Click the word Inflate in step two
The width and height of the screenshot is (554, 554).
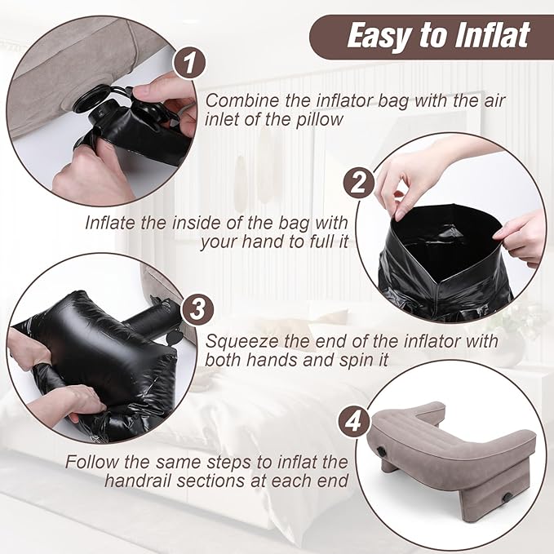(x=117, y=222)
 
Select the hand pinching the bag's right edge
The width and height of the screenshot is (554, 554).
(x=522, y=236)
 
